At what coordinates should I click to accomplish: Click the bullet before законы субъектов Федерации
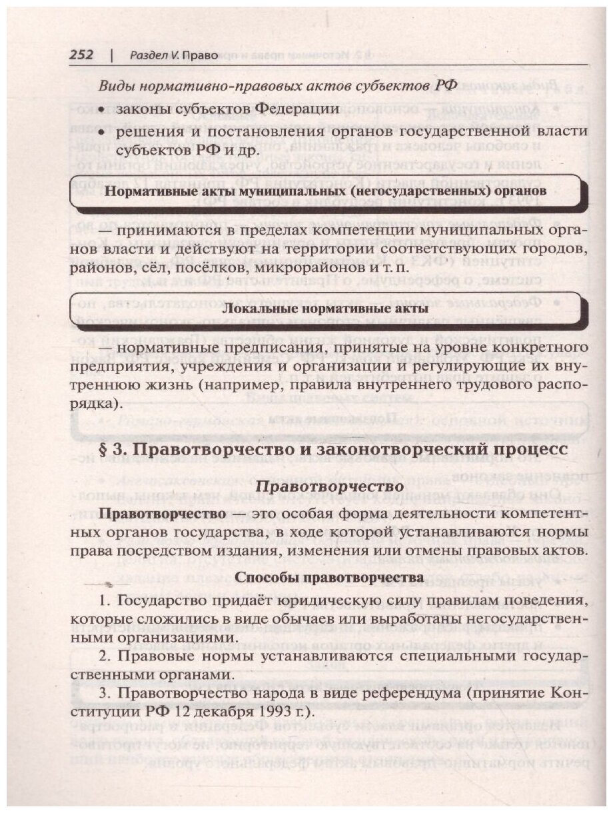[102, 109]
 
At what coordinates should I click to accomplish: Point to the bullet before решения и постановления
[102, 131]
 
